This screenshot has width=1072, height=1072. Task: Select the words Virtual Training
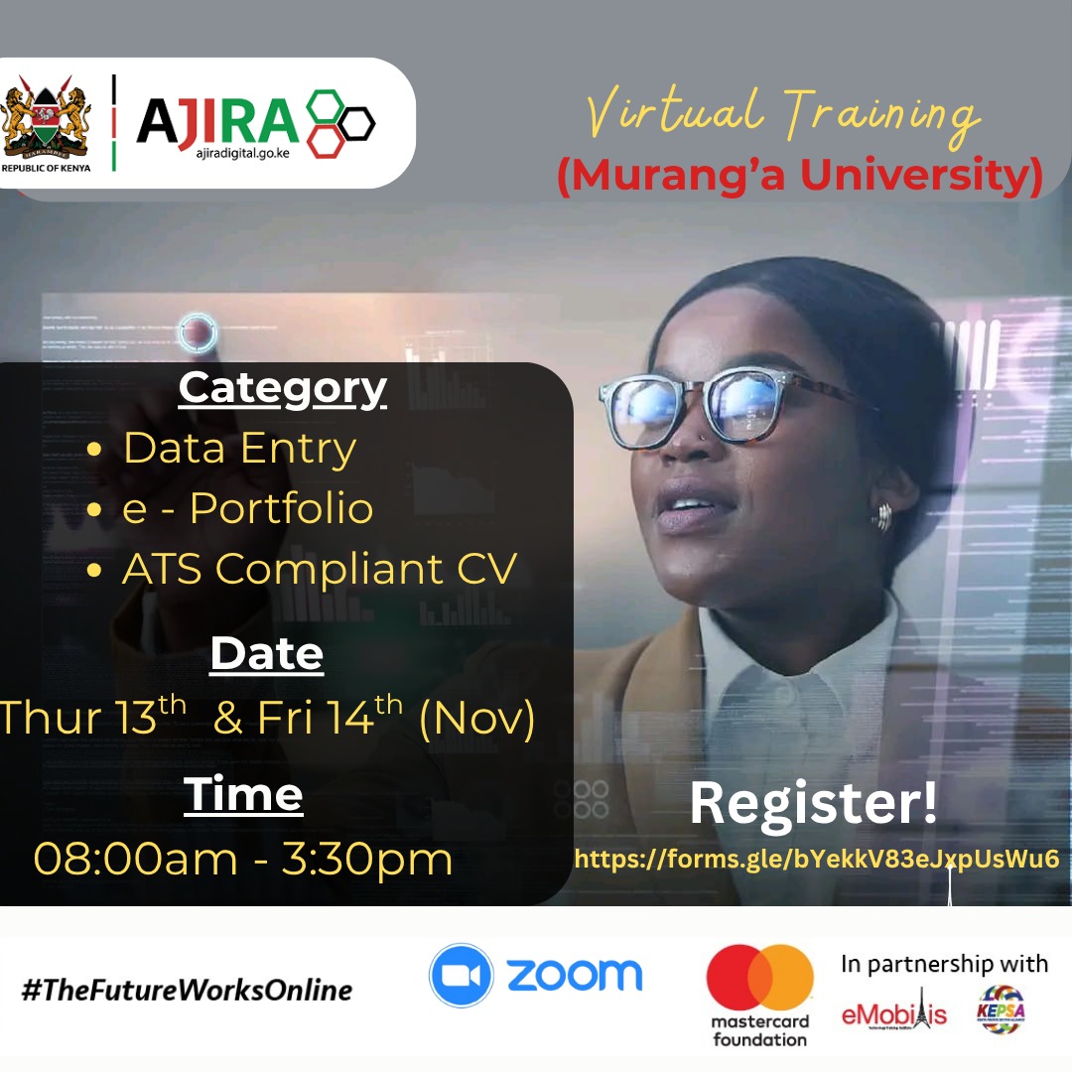(783, 114)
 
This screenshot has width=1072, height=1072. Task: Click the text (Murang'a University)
(799, 176)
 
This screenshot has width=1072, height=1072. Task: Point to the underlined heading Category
(282, 388)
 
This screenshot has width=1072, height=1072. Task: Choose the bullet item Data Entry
(239, 449)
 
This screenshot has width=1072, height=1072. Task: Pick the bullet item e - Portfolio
(247, 508)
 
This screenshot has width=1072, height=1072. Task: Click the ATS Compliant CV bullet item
(319, 569)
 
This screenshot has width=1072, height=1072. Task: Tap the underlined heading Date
(266, 653)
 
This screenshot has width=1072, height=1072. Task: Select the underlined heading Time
(243, 794)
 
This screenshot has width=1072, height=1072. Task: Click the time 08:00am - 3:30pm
(243, 858)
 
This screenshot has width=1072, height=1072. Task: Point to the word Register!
(813, 803)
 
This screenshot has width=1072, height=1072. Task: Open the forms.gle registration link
(817, 859)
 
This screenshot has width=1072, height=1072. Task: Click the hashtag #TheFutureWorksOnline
(187, 990)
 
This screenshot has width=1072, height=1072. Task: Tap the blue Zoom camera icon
(463, 976)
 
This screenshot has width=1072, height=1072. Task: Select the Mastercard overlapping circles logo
(759, 978)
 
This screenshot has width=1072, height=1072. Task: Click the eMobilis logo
(893, 1012)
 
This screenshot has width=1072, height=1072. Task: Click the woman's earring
(881, 516)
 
